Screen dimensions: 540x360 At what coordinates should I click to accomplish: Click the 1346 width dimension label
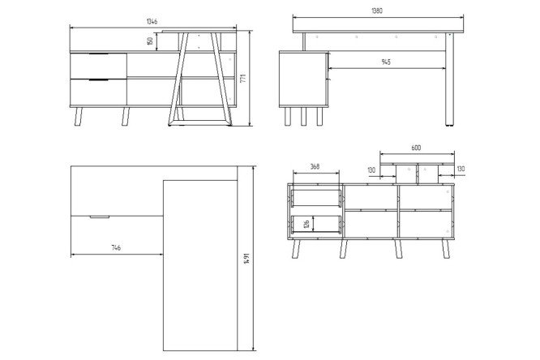(152, 21)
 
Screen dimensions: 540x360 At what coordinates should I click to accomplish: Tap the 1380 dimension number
(377, 11)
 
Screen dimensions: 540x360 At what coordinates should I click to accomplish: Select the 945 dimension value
(386, 62)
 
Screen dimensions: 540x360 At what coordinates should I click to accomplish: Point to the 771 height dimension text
(243, 78)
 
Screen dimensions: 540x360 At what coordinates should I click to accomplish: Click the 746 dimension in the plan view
(117, 247)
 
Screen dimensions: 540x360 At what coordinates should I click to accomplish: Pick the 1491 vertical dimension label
(246, 259)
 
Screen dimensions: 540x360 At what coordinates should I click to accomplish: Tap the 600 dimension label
(416, 148)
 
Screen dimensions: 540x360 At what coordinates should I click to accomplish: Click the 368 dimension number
(315, 167)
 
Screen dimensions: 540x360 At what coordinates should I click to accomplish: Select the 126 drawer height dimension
(306, 224)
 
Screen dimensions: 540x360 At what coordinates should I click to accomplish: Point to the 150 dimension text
(150, 41)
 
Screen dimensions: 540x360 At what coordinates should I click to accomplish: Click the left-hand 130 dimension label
(371, 170)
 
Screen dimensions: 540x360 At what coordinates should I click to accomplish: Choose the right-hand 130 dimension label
(461, 169)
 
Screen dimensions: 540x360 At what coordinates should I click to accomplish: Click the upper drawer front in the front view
(98, 66)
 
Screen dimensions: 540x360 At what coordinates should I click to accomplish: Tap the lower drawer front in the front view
(98, 92)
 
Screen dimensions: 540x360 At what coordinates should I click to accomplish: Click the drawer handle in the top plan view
(100, 217)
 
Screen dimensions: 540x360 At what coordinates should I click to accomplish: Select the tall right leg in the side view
(449, 79)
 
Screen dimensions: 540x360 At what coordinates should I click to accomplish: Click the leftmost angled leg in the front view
(79, 117)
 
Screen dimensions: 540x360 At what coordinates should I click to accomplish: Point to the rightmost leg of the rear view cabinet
(445, 249)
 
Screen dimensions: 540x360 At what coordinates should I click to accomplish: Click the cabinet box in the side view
(303, 79)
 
